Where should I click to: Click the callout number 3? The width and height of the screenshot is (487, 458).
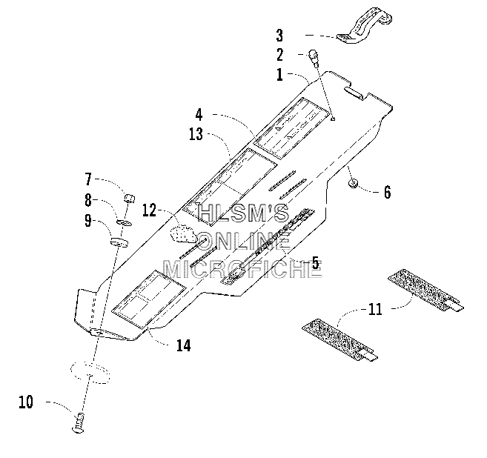click(x=279, y=36)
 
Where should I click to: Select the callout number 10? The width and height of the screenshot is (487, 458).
click(x=26, y=402)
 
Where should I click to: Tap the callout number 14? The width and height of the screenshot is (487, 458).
click(x=184, y=345)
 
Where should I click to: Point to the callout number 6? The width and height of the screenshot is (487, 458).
click(x=387, y=192)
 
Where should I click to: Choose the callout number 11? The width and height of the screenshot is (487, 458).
click(x=375, y=309)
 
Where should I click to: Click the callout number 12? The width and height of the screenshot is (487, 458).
click(x=149, y=210)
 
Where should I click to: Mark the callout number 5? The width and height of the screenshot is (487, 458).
click(x=315, y=263)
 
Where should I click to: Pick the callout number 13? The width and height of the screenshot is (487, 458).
click(x=196, y=134)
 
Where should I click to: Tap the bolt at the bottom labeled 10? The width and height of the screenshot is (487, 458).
click(x=79, y=423)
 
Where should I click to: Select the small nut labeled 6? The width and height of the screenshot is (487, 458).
click(x=353, y=183)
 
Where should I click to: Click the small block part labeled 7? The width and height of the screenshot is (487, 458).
click(x=130, y=198)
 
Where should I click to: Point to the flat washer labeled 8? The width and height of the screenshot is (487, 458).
click(x=125, y=222)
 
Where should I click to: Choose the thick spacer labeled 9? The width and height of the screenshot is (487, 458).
click(x=119, y=242)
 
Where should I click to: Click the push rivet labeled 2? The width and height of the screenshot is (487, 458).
click(x=313, y=58)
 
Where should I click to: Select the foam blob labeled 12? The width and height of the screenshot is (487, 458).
click(x=183, y=234)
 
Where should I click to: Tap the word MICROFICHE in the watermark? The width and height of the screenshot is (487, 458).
click(x=242, y=269)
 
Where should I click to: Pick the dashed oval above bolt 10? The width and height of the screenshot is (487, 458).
click(x=90, y=371)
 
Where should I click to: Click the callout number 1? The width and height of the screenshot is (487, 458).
click(x=280, y=75)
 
